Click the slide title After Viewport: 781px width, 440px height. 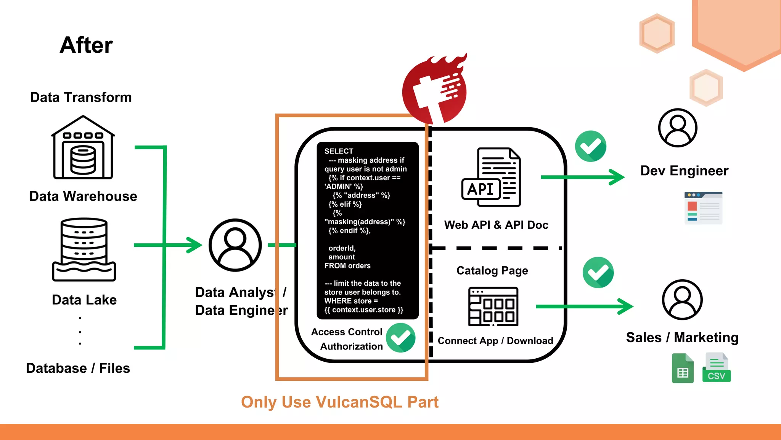tap(86, 45)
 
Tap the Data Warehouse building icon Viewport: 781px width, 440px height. tap(83, 148)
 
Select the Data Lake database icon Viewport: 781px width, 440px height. tap(84, 249)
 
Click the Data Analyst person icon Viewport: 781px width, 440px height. tap(235, 245)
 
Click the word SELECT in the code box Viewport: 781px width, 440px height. tap(339, 151)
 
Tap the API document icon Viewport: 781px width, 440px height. tap(491, 177)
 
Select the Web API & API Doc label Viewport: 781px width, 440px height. tap(496, 225)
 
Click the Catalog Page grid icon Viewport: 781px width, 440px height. tap(493, 306)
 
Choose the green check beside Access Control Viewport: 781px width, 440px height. tap(400, 338)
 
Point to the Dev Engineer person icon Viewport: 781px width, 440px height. tap(678, 128)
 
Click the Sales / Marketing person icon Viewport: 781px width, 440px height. tap(682, 299)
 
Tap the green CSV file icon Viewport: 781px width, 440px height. tap(717, 368)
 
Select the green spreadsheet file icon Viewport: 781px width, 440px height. tap(683, 369)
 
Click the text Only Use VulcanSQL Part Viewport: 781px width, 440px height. tap(339, 402)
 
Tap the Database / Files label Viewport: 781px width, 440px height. tap(78, 368)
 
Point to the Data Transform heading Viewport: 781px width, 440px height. tap(81, 97)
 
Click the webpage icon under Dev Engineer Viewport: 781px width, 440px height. tap(703, 208)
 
